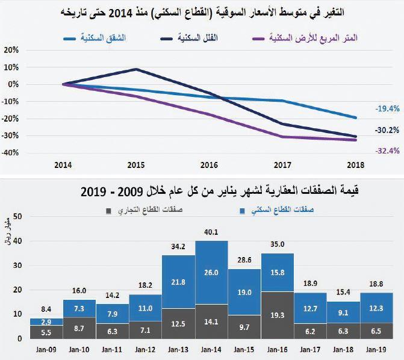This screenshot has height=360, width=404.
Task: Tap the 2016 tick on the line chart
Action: pyautogui.click(x=210, y=164)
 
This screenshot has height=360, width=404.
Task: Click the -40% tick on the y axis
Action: pyautogui.click(x=11, y=152)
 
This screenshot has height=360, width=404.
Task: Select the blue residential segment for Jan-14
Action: pyautogui.click(x=212, y=273)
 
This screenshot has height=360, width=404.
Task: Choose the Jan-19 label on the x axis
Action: pyautogui.click(x=376, y=349)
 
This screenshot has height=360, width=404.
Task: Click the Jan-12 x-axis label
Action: pyautogui.click(x=145, y=349)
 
